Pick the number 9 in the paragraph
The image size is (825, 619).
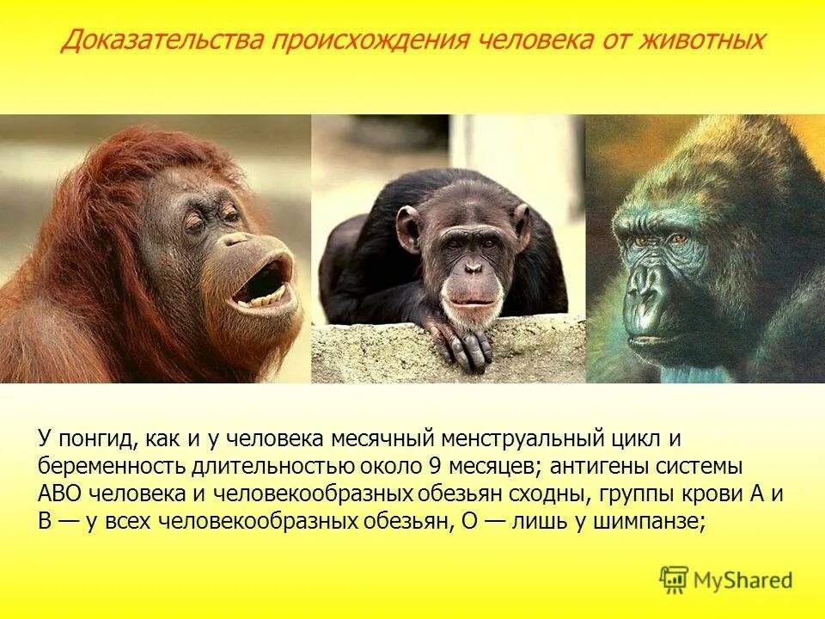(434, 466)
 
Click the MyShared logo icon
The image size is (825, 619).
(674, 579)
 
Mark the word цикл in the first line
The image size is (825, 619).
(634, 438)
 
